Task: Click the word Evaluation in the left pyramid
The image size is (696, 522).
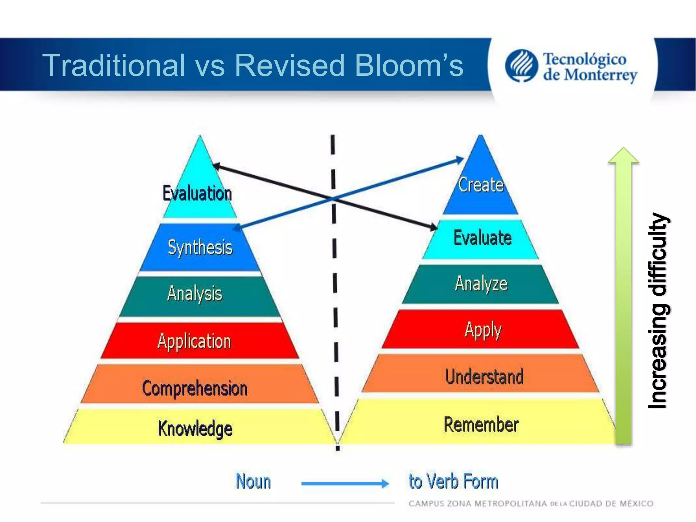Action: (x=197, y=193)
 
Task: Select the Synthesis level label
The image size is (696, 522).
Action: (x=200, y=247)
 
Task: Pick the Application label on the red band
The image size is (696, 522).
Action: (x=194, y=341)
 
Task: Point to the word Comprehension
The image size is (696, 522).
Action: (x=195, y=388)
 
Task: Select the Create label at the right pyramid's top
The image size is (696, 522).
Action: (x=481, y=185)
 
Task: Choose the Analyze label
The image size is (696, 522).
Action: (x=481, y=283)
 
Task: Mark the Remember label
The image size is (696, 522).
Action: (x=481, y=424)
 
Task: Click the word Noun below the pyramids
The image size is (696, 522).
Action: (x=254, y=482)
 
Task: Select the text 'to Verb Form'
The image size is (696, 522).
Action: (x=453, y=482)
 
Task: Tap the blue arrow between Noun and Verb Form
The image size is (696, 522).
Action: (x=345, y=483)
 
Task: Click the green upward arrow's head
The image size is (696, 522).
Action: (x=623, y=156)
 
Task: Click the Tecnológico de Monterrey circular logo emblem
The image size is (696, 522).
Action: (x=521, y=66)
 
